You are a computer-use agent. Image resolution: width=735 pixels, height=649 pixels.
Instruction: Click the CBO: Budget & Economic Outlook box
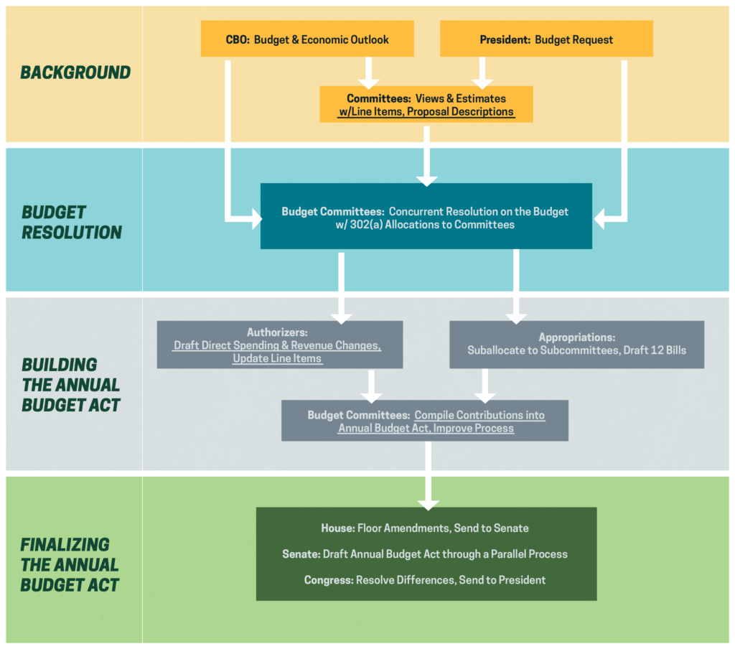click(x=307, y=39)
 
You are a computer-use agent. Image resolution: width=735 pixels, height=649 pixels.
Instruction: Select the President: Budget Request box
click(x=546, y=39)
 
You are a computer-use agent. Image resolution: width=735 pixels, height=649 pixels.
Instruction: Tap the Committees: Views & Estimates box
click(x=426, y=105)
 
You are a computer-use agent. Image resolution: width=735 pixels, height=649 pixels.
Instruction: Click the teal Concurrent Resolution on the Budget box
click(x=426, y=216)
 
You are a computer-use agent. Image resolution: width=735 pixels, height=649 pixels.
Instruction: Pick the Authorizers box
click(x=279, y=345)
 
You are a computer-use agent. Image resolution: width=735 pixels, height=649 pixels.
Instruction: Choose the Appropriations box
click(x=576, y=344)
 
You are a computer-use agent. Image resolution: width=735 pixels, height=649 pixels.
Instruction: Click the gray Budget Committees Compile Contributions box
click(x=426, y=421)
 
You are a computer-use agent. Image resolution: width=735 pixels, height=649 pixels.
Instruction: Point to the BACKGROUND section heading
click(x=75, y=73)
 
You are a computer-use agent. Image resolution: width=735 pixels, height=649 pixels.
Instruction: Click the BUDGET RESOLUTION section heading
click(x=72, y=223)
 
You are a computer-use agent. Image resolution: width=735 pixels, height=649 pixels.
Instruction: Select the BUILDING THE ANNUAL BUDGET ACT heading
click(x=71, y=385)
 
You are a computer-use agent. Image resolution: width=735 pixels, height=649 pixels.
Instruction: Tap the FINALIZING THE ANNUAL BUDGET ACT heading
click(x=70, y=564)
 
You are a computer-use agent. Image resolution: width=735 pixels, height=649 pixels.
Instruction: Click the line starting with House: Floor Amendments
click(x=425, y=528)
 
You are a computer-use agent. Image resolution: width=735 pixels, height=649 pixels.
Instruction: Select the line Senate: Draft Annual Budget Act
click(x=425, y=554)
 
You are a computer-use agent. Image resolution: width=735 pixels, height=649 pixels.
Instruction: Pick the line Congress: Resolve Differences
click(x=425, y=580)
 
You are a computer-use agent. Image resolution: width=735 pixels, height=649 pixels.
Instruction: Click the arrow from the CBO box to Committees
click(x=367, y=72)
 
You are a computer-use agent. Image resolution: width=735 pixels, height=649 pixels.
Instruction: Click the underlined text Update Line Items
click(x=277, y=358)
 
